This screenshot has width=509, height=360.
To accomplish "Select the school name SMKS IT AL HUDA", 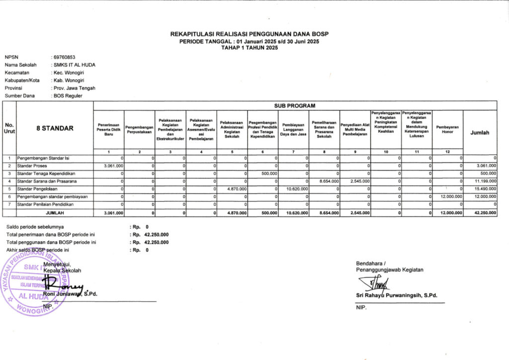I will pos(75,65).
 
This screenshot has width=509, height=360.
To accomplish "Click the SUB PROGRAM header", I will pos(295,106).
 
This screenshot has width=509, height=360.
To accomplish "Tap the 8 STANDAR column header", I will pos(55,128).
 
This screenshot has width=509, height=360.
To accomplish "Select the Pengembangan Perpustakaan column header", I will pos(140,130).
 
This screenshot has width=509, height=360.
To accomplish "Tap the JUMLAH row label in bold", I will pos(55,213).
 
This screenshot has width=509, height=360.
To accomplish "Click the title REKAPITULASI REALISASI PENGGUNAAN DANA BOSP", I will pos(250,34).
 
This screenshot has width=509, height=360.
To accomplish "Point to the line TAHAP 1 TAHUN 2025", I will pos(250,48).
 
